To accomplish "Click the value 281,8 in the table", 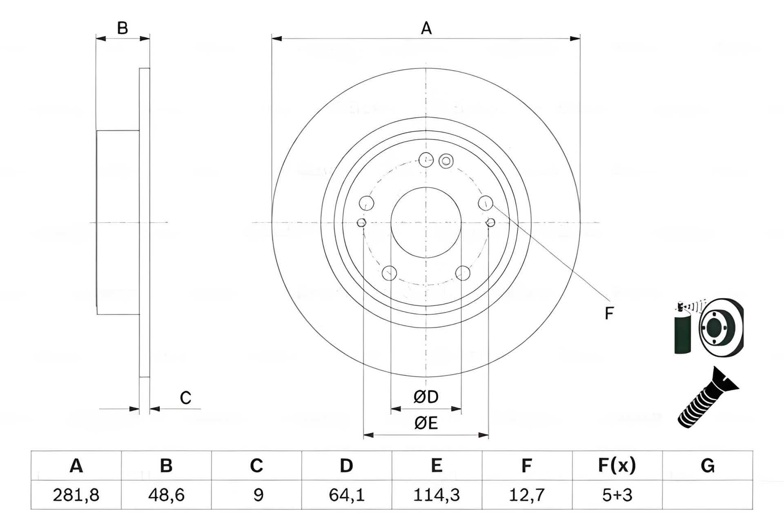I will pos(76,495).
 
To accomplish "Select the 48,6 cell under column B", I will pos(166,495).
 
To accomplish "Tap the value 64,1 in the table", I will pos(346,495).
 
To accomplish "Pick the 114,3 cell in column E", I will pos(437,495).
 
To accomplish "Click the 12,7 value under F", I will pos(527,495).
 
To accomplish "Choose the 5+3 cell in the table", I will pos(617,495).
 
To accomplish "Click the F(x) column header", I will pos(617,465).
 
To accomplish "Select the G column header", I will pos(707,465).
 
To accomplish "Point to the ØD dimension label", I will pos(426,397).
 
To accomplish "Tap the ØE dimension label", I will pos(426,423).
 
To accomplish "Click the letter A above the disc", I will pos(426,29).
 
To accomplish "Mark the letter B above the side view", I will pos(122,28).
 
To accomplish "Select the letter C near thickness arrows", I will pos(185,398).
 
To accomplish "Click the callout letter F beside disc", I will pos(609,313).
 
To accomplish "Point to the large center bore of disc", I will pos(426,223).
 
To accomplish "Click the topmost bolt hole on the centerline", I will pos(426,160).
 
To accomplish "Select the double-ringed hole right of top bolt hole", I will pos(446,161).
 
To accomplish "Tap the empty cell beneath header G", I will pos(707,495).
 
